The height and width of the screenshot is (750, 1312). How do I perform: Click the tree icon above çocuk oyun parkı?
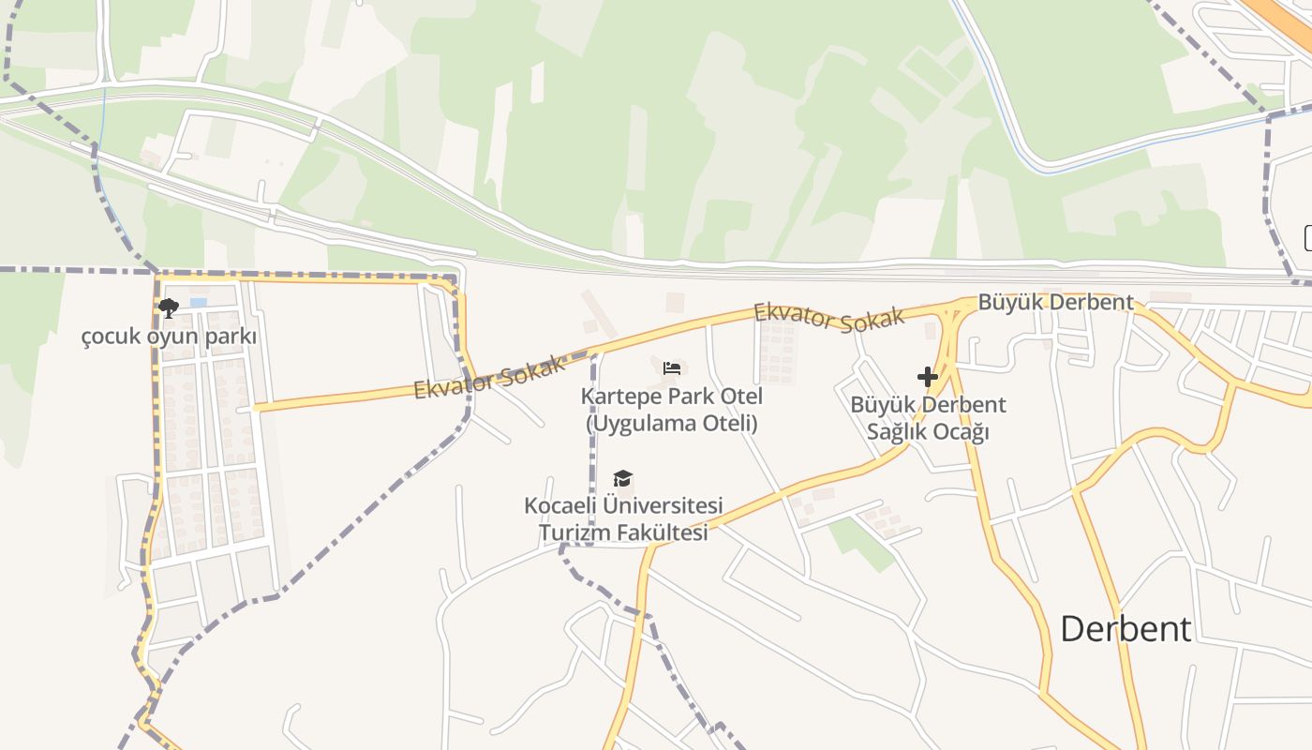169,307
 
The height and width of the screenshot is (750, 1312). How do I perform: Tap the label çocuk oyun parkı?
169,336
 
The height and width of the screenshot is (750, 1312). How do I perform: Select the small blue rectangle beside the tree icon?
198,303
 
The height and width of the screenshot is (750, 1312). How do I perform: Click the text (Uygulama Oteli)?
671,423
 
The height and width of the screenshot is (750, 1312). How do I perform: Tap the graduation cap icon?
622,480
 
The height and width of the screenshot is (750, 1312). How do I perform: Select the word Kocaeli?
559,506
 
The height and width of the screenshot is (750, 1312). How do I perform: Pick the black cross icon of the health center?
928,377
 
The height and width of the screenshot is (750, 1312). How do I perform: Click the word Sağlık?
899,432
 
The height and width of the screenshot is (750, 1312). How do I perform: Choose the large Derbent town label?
1126,628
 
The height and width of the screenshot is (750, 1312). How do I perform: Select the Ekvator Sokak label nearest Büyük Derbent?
829,316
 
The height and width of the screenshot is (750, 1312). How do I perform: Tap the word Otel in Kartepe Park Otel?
742,396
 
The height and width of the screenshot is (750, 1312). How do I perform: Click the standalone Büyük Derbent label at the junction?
1055,303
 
